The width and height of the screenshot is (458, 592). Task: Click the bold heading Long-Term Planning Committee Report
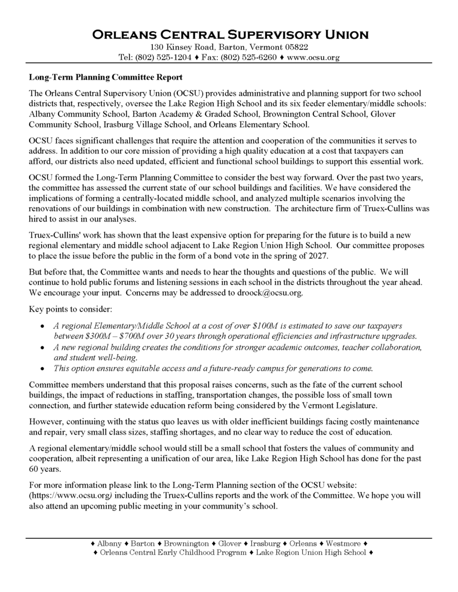click(105, 77)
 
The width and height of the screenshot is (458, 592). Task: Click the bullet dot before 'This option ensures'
click(42, 369)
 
